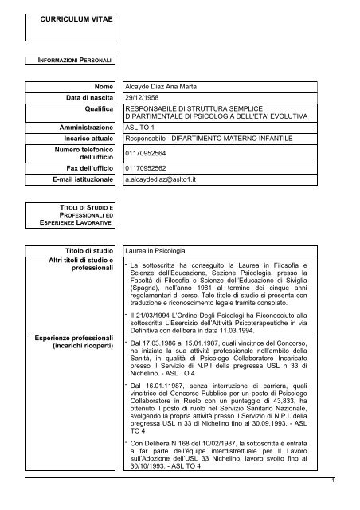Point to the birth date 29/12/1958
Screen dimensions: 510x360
[147, 96]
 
